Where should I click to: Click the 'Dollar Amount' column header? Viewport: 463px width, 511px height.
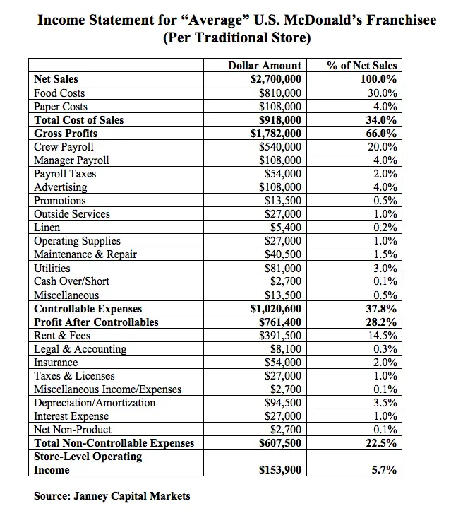pos(265,66)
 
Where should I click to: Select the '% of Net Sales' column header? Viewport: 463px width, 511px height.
pos(362,66)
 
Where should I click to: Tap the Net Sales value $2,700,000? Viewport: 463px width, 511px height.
pos(276,79)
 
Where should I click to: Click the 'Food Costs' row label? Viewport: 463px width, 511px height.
pos(59,93)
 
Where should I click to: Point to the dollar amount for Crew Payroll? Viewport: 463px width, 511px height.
pos(280,146)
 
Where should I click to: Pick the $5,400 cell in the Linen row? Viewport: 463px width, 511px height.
pos(286,228)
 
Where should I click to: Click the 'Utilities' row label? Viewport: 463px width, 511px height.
pos(52,268)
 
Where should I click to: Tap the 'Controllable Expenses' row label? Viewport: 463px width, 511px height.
pos(88,309)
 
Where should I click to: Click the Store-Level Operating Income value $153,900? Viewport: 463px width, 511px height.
pos(280,469)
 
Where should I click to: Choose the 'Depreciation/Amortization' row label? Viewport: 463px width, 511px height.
pos(95,403)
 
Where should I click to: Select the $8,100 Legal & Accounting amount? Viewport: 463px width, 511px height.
pos(286,349)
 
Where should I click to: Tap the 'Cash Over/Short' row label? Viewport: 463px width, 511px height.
pos(71,281)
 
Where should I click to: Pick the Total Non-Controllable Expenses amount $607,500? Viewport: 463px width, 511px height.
pos(280,443)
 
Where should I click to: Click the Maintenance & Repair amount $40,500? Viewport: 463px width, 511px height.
pos(283,254)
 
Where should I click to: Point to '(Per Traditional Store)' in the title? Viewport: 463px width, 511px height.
pos(237,38)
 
